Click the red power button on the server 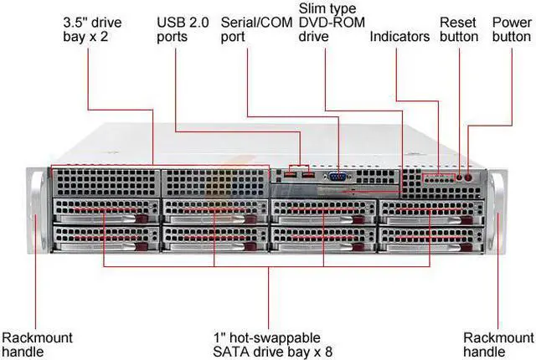coord(469,177)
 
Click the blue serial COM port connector coord(338,177)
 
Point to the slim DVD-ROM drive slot coord(335,191)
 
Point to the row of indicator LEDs coord(435,178)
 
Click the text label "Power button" coord(511,29)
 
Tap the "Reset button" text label coord(458,29)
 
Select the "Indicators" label coord(399,37)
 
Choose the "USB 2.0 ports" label coord(182,29)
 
